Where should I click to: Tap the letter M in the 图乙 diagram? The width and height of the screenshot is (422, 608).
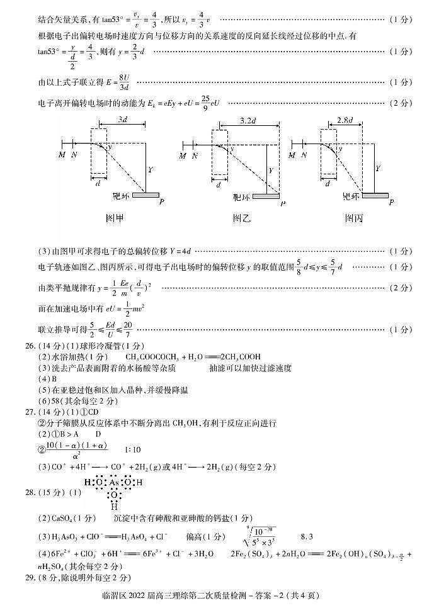[x=183, y=155]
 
